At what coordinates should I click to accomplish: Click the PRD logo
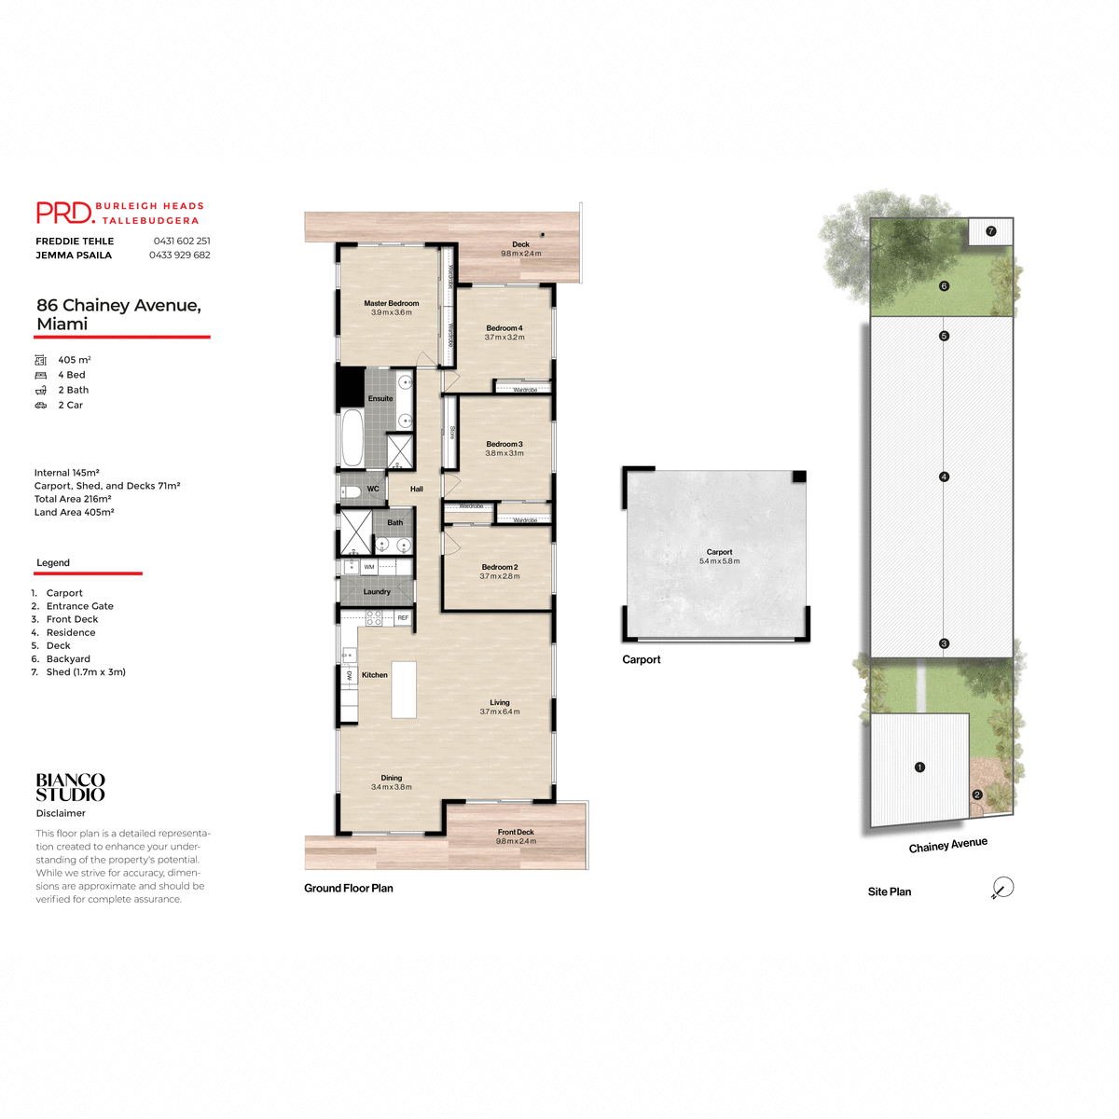click(x=65, y=214)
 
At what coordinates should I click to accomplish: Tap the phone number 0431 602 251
click(x=181, y=241)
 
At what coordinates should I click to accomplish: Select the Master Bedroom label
click(x=391, y=303)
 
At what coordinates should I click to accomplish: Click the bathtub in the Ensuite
click(x=352, y=437)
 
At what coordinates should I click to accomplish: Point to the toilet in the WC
click(x=352, y=490)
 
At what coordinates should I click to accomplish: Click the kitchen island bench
click(x=404, y=689)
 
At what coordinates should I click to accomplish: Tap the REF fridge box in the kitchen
click(x=403, y=617)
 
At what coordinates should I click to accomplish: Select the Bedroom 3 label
click(x=504, y=444)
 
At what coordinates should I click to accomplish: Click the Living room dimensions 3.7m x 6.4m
click(x=500, y=711)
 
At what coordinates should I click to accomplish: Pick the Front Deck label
click(x=516, y=832)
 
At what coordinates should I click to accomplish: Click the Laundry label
click(x=377, y=591)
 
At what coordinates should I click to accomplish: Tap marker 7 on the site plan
click(x=990, y=230)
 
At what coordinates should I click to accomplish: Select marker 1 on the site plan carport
click(x=919, y=767)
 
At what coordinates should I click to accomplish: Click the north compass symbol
click(x=1002, y=888)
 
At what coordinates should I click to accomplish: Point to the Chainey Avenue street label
click(x=947, y=845)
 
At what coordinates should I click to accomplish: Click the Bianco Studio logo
click(x=70, y=787)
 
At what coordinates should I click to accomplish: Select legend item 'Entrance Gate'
click(x=79, y=606)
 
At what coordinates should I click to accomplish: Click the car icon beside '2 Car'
click(x=41, y=406)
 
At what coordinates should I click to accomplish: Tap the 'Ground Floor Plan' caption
click(x=349, y=888)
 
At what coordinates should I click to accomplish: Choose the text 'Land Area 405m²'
click(x=74, y=512)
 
